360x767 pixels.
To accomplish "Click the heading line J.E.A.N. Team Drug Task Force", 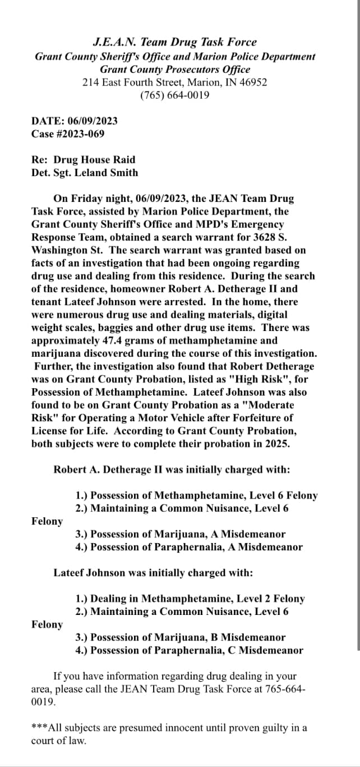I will [x=175, y=42].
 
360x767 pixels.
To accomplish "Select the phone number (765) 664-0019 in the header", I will [x=175, y=95].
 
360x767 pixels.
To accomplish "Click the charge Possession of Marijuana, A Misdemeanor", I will [x=180, y=534].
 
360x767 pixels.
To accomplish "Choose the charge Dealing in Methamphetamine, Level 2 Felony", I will [x=190, y=599].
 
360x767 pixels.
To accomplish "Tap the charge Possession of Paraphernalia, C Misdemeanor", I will [x=189, y=650].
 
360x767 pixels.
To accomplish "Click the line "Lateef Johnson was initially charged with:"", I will [x=153, y=573].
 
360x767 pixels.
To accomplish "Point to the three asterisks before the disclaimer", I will [x=40, y=728].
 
